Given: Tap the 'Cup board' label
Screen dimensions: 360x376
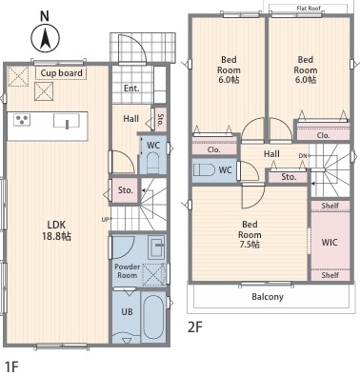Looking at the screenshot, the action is [x=61, y=73].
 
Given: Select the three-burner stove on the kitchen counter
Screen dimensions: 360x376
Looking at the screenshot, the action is [x=22, y=120].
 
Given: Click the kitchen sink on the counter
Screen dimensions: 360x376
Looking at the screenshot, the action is [x=67, y=121].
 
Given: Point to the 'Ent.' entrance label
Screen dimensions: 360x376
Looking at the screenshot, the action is [x=131, y=89].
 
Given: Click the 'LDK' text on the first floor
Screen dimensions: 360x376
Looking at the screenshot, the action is [x=56, y=225].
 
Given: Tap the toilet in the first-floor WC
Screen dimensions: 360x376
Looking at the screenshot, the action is [x=152, y=163].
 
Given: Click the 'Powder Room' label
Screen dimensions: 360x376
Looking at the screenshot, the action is [x=128, y=271].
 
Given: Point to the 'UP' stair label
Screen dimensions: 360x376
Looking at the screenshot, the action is [x=105, y=219].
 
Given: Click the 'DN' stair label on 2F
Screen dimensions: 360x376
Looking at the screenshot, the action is [x=303, y=155].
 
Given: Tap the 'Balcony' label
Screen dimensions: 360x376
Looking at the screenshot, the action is [x=268, y=297].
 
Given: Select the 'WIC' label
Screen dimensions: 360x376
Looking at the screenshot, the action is [x=330, y=243].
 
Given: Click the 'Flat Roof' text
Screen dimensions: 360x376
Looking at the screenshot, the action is [x=309, y=9].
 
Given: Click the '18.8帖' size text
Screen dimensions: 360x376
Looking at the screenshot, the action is [x=56, y=236].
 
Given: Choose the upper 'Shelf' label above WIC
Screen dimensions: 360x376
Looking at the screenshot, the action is [x=330, y=206].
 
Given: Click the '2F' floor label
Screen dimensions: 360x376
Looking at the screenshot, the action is [x=195, y=327].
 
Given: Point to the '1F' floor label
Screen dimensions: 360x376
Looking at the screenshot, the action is [x=11, y=366].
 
